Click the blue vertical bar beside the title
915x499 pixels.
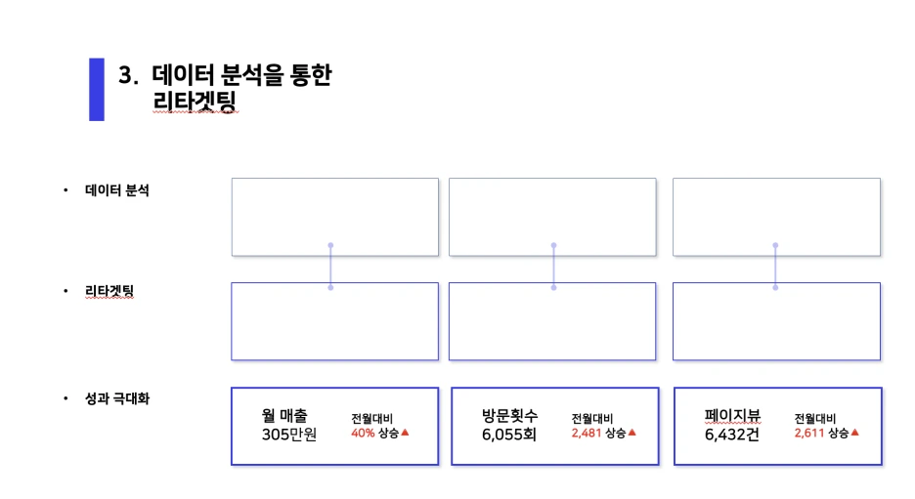point(96,89)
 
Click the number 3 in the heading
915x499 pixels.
point(125,75)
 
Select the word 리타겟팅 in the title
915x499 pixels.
point(195,101)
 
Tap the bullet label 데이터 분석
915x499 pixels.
point(116,190)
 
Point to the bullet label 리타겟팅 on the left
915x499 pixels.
point(109,291)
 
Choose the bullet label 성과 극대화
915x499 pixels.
point(117,398)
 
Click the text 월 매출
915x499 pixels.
point(284,416)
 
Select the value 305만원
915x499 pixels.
point(288,435)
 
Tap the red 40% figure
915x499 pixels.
point(363,434)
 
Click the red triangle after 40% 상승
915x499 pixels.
point(405,433)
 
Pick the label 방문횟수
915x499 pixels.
point(509,416)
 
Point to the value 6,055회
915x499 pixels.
point(509,435)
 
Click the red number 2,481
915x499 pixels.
point(587,434)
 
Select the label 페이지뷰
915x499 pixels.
point(732,416)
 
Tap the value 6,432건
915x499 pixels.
point(732,435)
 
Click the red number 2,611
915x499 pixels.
point(809,434)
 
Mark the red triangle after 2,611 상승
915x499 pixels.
point(855,433)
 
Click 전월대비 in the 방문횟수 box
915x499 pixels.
point(592,419)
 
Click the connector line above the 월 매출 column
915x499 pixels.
point(330,267)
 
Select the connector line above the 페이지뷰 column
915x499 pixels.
point(775,267)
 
